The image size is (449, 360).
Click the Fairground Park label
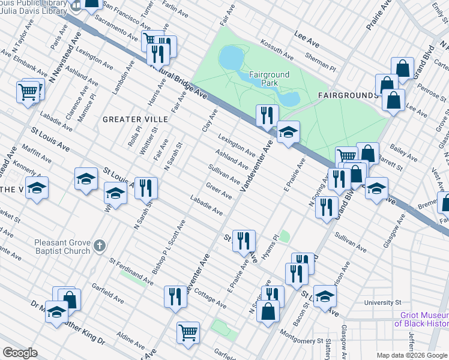click(x=270, y=80)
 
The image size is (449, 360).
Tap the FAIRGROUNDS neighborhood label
click(x=348, y=95)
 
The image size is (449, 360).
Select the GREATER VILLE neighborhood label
click(x=135, y=119)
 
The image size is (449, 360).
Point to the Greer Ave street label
click(x=218, y=191)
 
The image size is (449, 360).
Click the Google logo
click(x=20, y=353)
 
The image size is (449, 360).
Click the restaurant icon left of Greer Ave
click(x=146, y=188)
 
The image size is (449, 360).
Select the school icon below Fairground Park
click(x=288, y=131)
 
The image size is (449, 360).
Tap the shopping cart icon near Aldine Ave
click(x=188, y=332)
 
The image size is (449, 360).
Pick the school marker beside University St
click(x=325, y=296)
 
